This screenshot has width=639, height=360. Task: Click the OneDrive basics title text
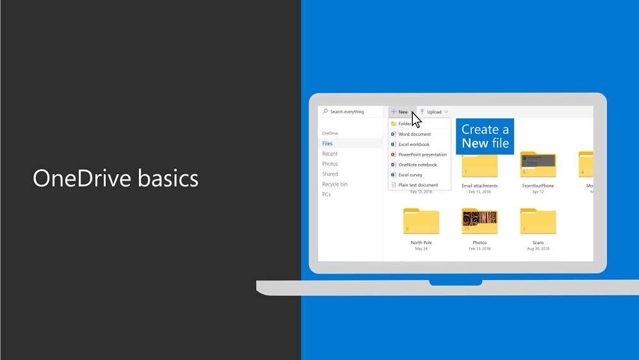(x=115, y=178)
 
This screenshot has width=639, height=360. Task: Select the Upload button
(x=434, y=112)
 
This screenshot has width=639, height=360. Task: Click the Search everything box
(x=351, y=111)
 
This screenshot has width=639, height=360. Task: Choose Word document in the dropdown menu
(x=414, y=135)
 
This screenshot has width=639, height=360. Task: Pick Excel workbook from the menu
(x=414, y=145)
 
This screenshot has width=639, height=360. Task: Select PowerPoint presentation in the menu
(x=422, y=154)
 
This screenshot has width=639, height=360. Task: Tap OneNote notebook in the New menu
(x=417, y=165)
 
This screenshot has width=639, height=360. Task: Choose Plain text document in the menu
(x=418, y=185)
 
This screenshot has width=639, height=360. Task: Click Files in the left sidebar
(x=328, y=143)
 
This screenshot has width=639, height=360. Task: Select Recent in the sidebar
(x=330, y=154)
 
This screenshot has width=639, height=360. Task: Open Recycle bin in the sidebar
(x=334, y=184)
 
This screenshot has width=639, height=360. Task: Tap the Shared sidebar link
(x=330, y=174)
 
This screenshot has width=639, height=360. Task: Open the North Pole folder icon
(x=421, y=222)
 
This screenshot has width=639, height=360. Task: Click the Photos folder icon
(x=480, y=222)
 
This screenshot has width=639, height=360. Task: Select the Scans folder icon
(x=538, y=222)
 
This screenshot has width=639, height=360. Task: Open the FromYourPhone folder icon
(x=538, y=165)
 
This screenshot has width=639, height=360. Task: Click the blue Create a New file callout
(x=485, y=136)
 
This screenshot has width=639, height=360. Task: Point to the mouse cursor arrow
(x=416, y=120)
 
